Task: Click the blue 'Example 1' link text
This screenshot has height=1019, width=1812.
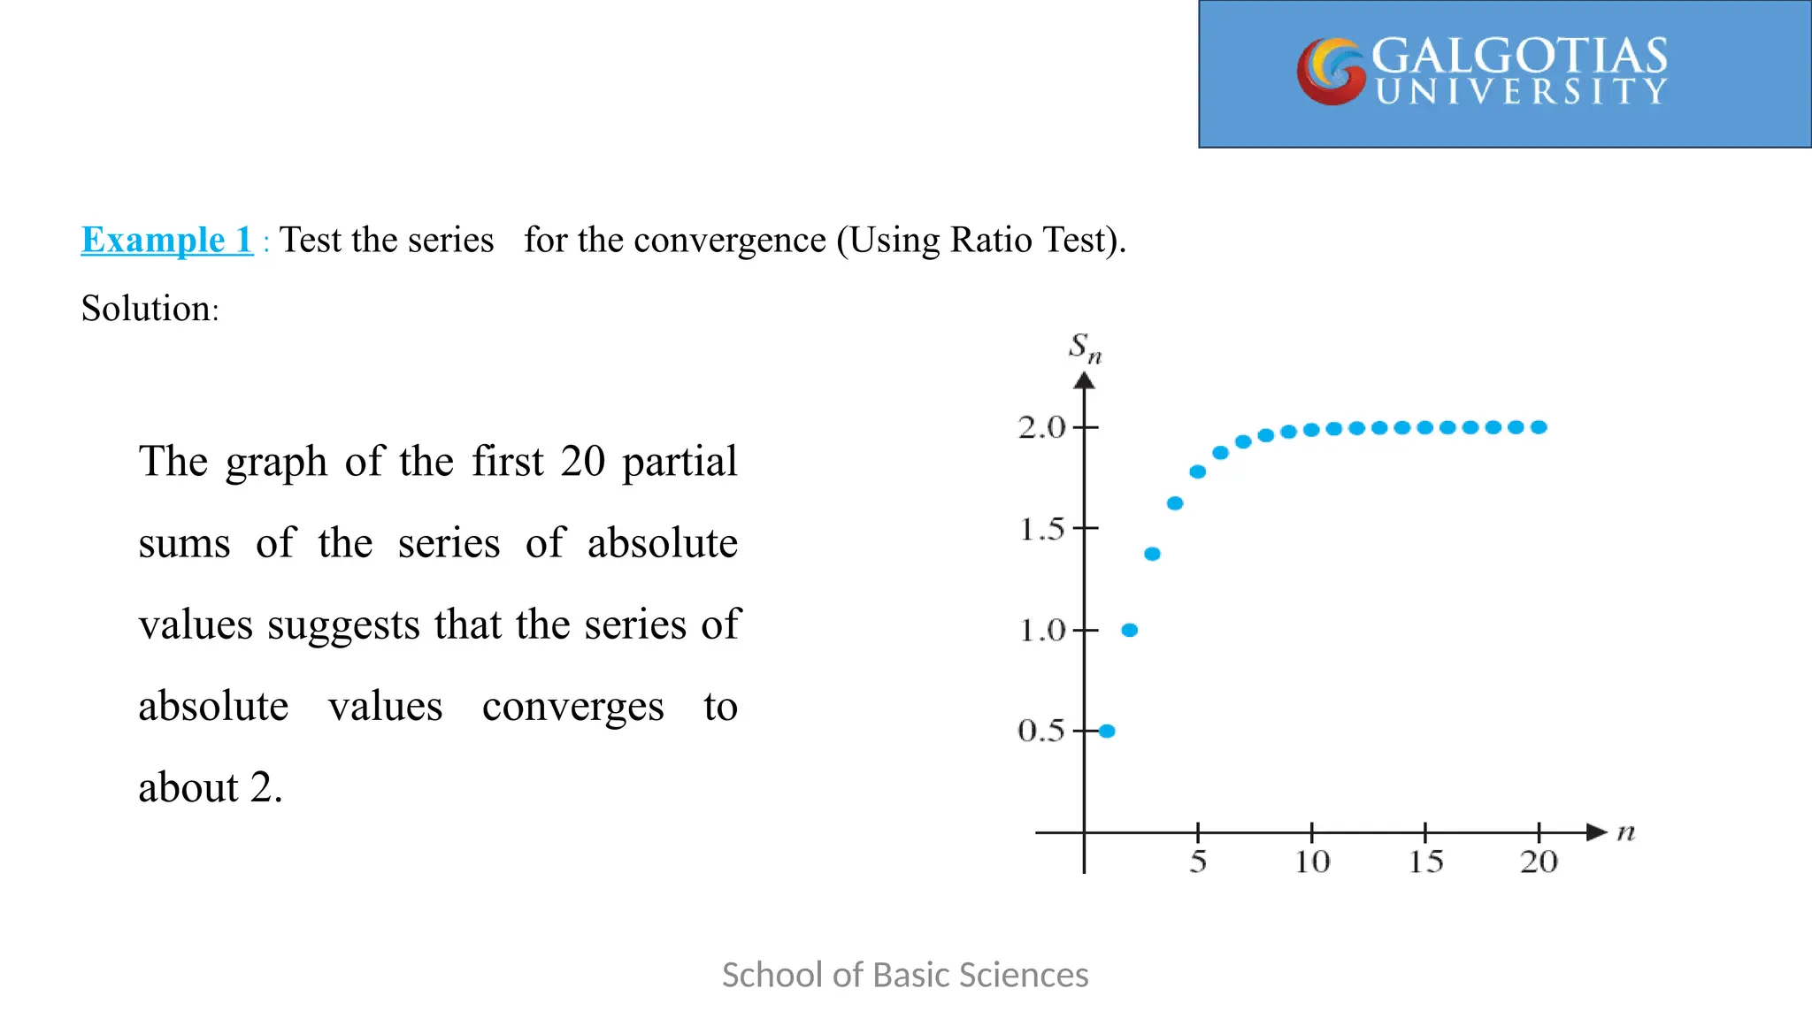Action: point(166,241)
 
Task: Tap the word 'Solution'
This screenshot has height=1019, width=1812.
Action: point(146,309)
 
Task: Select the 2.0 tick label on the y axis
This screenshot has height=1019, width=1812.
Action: point(1041,428)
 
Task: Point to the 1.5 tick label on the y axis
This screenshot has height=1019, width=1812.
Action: point(1041,530)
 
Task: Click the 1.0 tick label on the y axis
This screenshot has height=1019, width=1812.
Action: point(1041,631)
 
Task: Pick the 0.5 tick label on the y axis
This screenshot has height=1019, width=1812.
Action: point(1041,731)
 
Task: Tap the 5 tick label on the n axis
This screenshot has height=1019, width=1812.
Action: point(1198,862)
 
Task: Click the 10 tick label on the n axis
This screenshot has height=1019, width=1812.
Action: point(1312,862)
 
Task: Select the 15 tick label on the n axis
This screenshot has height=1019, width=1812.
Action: point(1425,862)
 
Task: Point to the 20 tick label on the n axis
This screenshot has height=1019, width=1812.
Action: point(1539,862)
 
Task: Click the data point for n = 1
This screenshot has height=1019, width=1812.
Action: point(1107,731)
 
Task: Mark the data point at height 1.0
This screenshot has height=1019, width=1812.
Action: point(1130,630)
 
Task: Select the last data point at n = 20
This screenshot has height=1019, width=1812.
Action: point(1539,427)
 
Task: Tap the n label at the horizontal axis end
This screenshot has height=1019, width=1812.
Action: point(1626,832)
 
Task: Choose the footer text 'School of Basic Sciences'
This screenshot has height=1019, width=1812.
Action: point(905,975)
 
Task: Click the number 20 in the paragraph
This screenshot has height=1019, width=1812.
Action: point(582,461)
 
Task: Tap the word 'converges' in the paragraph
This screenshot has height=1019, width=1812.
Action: point(572,707)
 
